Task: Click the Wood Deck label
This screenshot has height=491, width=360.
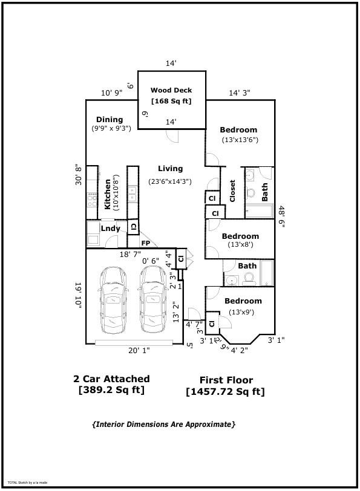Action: click(x=171, y=90)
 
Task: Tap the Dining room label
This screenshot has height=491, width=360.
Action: click(x=110, y=120)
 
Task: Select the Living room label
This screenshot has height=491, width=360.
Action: click(x=170, y=169)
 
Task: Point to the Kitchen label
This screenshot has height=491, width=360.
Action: click(x=108, y=193)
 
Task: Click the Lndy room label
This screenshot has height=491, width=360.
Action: click(x=110, y=228)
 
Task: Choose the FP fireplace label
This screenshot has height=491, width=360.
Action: click(x=146, y=243)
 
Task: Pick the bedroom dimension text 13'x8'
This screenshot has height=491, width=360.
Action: click(x=240, y=245)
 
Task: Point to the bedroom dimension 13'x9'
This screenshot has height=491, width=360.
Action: click(x=241, y=312)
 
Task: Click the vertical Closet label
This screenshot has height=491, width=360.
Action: click(x=232, y=191)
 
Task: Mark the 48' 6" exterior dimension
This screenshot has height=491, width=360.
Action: click(x=282, y=216)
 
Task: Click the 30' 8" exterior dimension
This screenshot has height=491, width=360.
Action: click(x=78, y=175)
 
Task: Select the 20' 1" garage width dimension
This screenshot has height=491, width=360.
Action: click(x=139, y=350)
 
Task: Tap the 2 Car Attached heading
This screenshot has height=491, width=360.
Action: click(x=111, y=379)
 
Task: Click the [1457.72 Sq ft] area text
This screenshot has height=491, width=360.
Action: click(x=225, y=392)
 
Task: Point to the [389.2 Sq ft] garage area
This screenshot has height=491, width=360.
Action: click(x=111, y=390)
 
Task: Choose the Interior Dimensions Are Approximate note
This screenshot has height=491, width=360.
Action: click(x=163, y=424)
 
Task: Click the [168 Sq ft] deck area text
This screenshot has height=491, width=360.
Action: click(x=171, y=101)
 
